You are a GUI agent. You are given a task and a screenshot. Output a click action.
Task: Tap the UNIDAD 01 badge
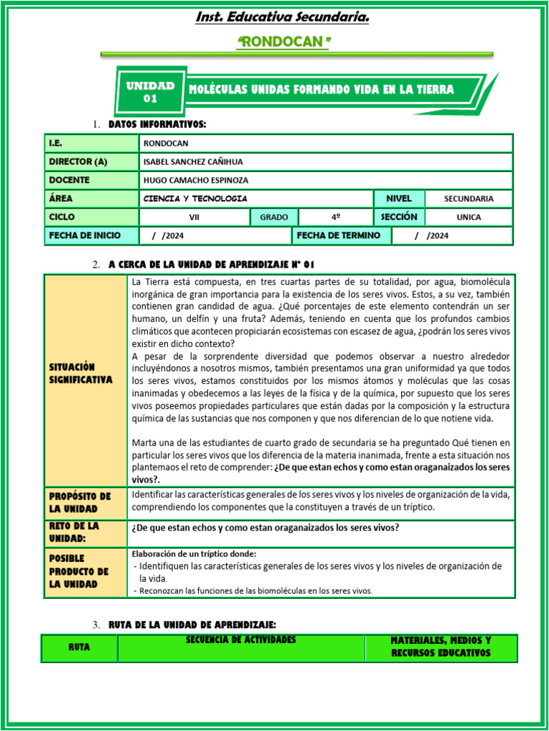(x=150, y=91)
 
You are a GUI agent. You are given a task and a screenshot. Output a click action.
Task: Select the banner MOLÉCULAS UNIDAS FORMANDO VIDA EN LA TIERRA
(x=321, y=90)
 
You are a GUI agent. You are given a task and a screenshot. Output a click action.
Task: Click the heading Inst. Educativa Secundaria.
(x=283, y=16)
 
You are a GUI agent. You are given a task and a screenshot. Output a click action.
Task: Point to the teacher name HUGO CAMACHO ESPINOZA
(x=196, y=181)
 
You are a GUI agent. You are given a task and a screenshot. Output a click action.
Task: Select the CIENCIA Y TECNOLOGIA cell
(x=195, y=198)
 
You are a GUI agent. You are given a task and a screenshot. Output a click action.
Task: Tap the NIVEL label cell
(x=399, y=198)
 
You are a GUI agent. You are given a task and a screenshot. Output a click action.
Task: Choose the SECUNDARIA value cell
(x=468, y=199)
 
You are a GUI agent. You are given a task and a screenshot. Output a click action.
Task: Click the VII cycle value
(x=194, y=217)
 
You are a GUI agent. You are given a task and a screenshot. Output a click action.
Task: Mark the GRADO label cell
(x=274, y=217)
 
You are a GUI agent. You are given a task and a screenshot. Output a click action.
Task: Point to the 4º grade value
(x=335, y=217)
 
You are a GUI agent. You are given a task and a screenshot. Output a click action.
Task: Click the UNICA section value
(x=468, y=217)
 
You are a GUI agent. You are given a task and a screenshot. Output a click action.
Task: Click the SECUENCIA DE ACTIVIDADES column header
(x=241, y=640)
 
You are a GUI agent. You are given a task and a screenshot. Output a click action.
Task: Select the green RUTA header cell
(x=79, y=647)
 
